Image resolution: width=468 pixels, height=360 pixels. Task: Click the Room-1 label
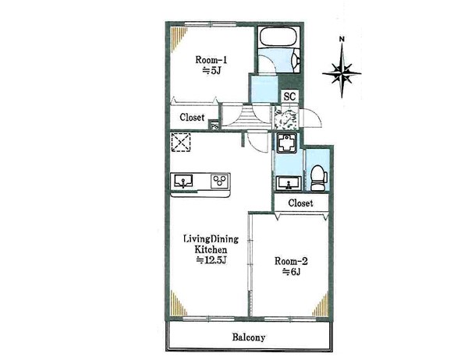211,60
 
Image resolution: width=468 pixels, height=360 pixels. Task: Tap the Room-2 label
291,261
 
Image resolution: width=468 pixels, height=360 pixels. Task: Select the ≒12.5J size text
212,260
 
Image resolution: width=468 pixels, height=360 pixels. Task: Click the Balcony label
249,337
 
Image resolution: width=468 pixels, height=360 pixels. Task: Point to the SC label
289,97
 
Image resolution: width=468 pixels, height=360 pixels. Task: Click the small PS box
214,126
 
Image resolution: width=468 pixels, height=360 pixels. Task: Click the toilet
319,178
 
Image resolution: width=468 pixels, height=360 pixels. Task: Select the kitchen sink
183,182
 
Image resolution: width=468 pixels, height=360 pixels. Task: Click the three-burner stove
220,181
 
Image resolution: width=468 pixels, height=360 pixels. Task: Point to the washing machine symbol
286,143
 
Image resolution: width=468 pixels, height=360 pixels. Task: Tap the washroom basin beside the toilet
288,183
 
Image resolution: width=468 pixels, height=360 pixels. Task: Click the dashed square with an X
181,143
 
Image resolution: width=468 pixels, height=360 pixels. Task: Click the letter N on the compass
342,39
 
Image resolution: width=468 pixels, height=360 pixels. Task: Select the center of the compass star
342,72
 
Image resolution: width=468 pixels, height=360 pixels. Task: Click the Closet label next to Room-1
192,117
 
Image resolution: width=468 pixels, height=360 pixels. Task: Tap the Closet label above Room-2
300,203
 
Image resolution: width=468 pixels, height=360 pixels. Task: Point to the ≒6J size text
291,272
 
